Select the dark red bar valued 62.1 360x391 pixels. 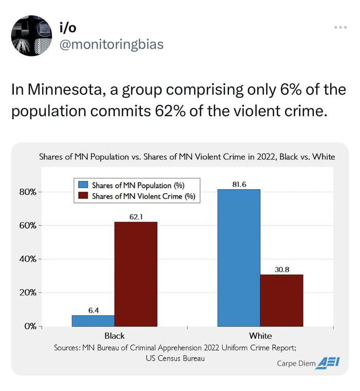136,274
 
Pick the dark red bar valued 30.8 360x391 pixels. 281,301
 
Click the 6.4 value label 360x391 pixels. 93,310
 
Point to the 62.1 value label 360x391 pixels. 136,217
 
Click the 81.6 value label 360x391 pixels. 239,184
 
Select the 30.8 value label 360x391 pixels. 281,269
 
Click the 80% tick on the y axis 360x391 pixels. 28,192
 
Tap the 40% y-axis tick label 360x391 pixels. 28,259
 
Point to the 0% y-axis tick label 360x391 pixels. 30,326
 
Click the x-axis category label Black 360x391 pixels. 114,336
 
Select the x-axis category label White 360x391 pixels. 260,336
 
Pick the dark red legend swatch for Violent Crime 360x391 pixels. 83,196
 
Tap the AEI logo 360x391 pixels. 329,362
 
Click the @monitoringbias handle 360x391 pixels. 112,45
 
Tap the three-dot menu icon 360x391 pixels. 340,27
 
